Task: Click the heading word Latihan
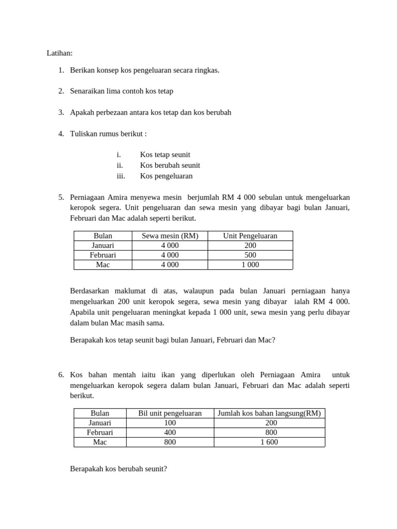click(x=59, y=53)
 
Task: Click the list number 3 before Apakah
click(x=60, y=112)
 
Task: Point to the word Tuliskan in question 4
click(x=84, y=134)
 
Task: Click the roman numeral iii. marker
click(x=120, y=176)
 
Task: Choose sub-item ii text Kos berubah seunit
click(x=170, y=165)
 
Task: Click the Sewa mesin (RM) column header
click(x=170, y=236)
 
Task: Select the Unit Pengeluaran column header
click(x=250, y=236)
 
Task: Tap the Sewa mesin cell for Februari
click(x=170, y=255)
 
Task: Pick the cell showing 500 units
click(x=250, y=255)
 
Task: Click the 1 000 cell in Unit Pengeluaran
click(x=250, y=264)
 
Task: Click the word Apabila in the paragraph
click(x=83, y=312)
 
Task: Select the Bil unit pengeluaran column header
click(x=170, y=413)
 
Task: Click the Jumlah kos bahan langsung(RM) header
click(x=269, y=413)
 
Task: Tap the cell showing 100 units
click(x=170, y=423)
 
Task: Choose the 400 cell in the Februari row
click(x=170, y=432)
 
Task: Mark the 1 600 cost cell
click(x=269, y=442)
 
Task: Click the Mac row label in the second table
click(x=100, y=442)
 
